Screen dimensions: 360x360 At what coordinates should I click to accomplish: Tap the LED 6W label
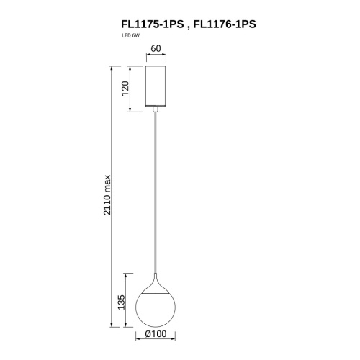tap(132, 36)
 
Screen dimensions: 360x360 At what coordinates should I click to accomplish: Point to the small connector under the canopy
tap(156, 109)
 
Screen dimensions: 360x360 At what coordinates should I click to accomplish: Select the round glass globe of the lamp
tap(156, 310)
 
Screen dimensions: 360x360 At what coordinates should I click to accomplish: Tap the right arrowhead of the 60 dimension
tap(166, 58)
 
